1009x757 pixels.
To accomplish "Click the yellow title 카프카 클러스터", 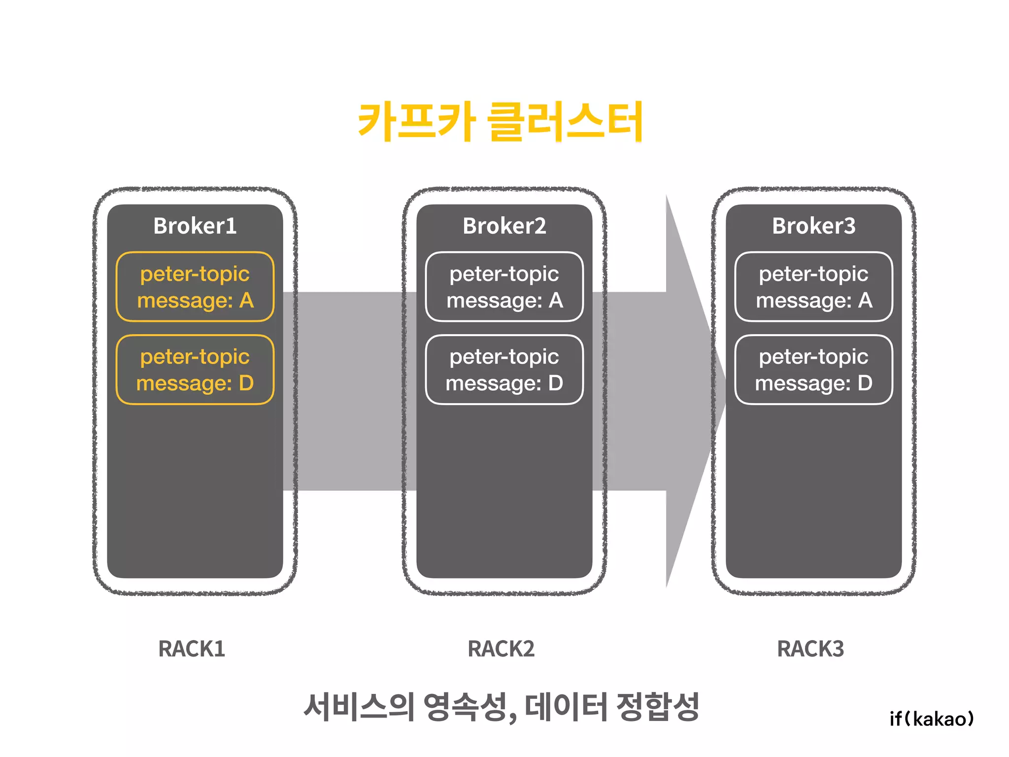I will point(500,121).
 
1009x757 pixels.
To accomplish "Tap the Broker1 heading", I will point(195,226).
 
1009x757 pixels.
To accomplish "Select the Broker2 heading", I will point(504,226).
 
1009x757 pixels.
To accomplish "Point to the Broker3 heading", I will point(813,226).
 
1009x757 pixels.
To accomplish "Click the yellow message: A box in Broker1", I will point(195,287).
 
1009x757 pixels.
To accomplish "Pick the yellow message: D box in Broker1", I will point(195,370).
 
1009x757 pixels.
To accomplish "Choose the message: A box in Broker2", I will point(504,287).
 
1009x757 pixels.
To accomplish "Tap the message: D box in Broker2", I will point(504,370).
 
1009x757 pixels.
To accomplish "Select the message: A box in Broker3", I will point(813,287).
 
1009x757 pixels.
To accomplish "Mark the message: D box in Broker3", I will point(813,370).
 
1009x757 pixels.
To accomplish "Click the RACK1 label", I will point(192,649).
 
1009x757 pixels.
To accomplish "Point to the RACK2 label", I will point(501,649).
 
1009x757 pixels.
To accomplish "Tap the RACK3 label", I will point(810,649).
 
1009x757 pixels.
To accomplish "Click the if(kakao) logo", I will point(932,719).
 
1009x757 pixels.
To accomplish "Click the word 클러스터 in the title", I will point(565,121).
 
